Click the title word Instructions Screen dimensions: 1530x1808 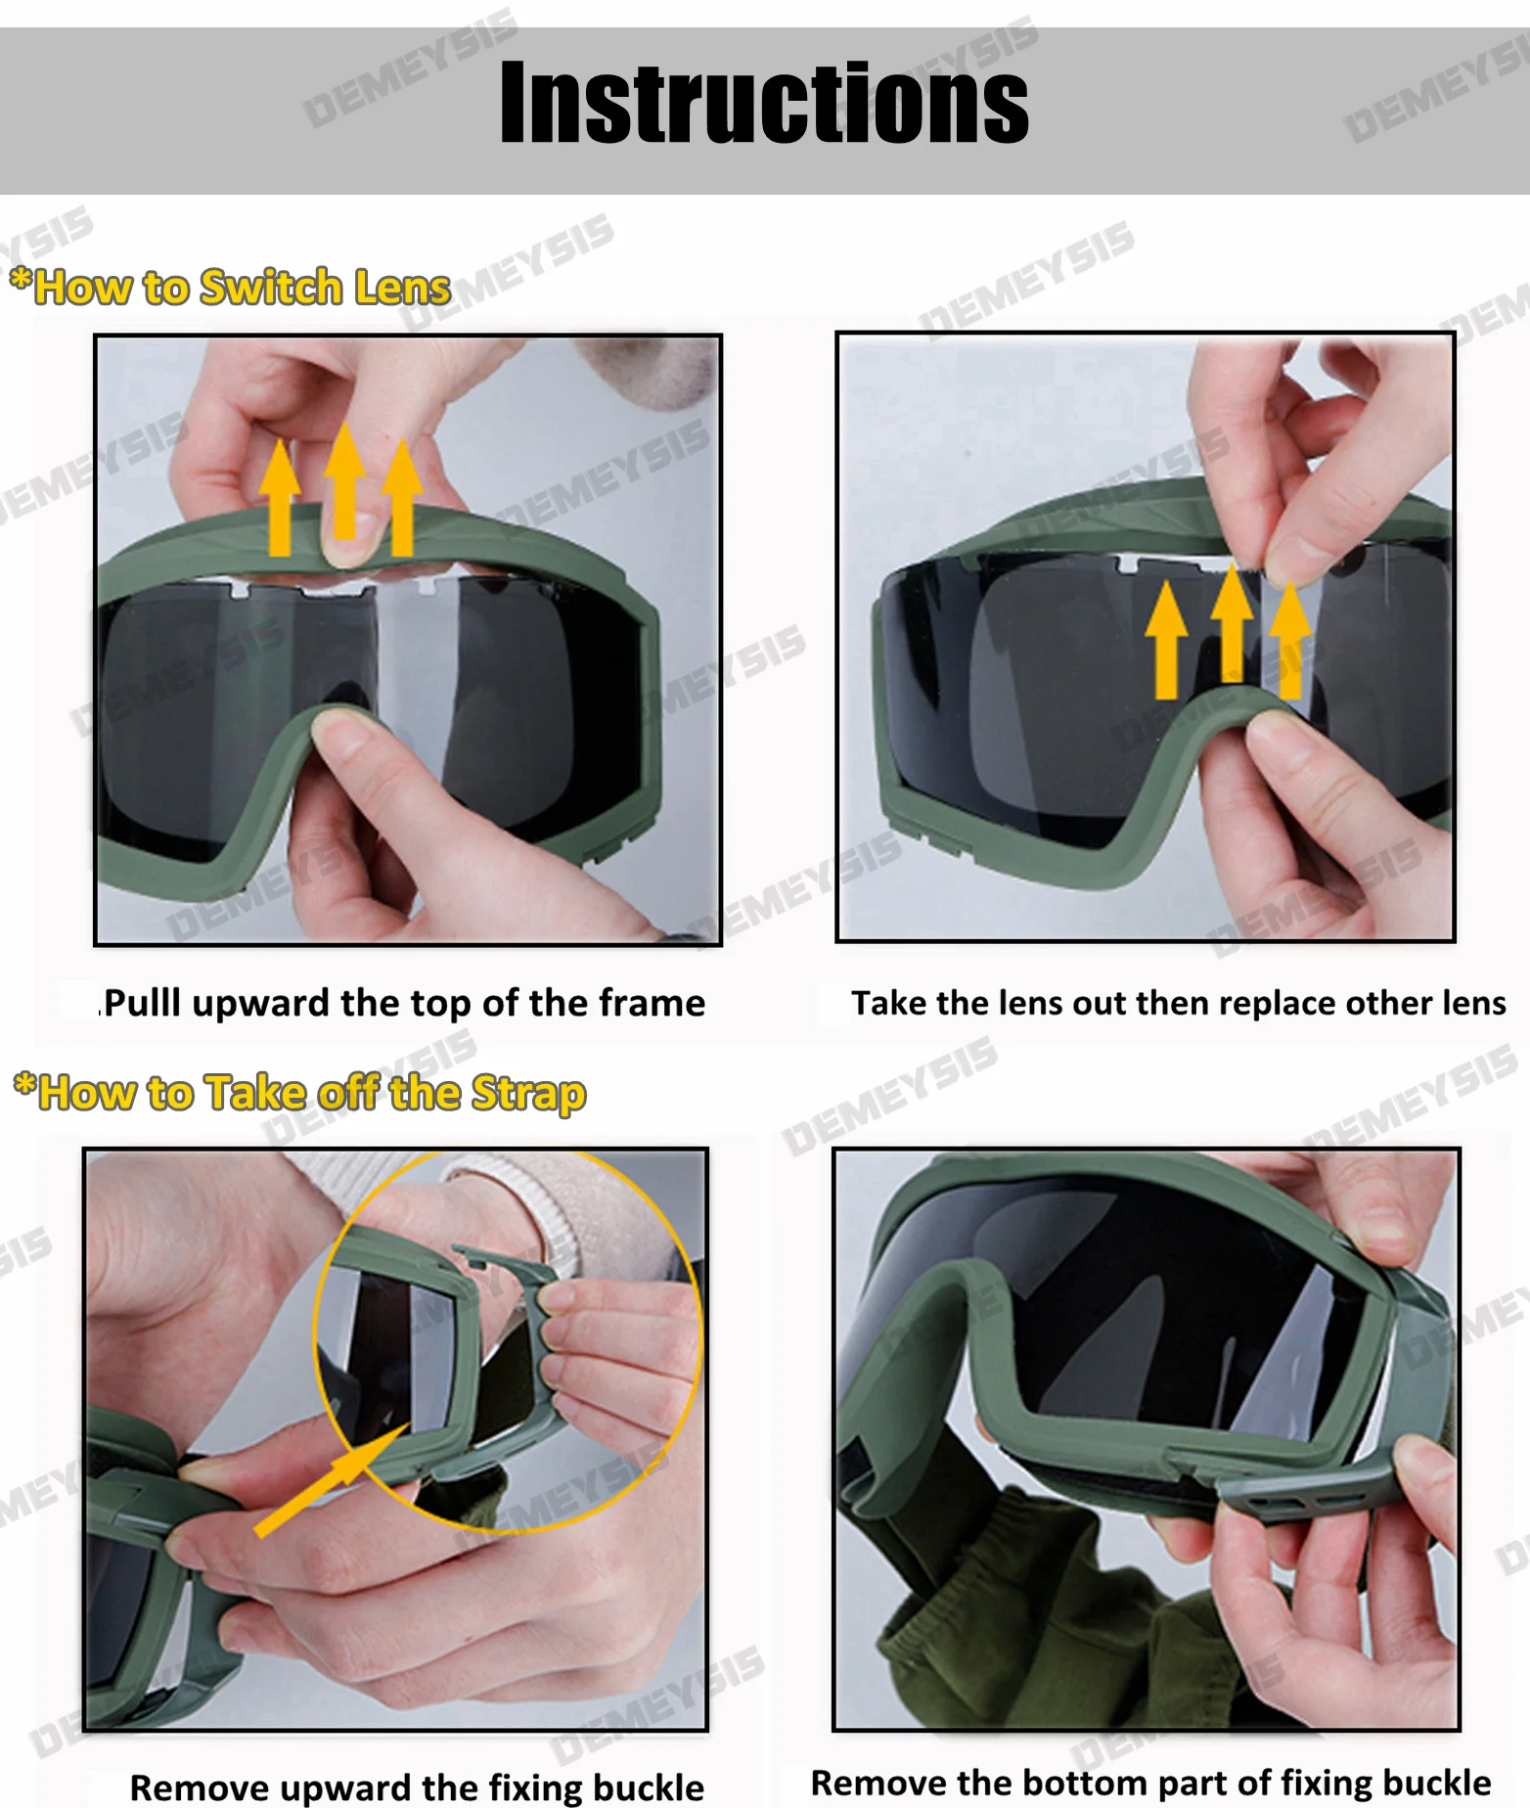[764, 102]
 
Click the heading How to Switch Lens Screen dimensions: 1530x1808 [230, 287]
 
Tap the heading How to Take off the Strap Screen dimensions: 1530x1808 [299, 1093]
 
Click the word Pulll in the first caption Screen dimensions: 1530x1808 [142, 1004]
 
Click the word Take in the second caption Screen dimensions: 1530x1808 [888, 1003]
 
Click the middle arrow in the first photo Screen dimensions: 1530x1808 [344, 480]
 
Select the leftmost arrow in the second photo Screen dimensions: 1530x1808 [1165, 640]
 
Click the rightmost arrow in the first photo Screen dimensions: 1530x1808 [402, 497]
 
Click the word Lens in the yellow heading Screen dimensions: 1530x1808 [402, 287]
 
